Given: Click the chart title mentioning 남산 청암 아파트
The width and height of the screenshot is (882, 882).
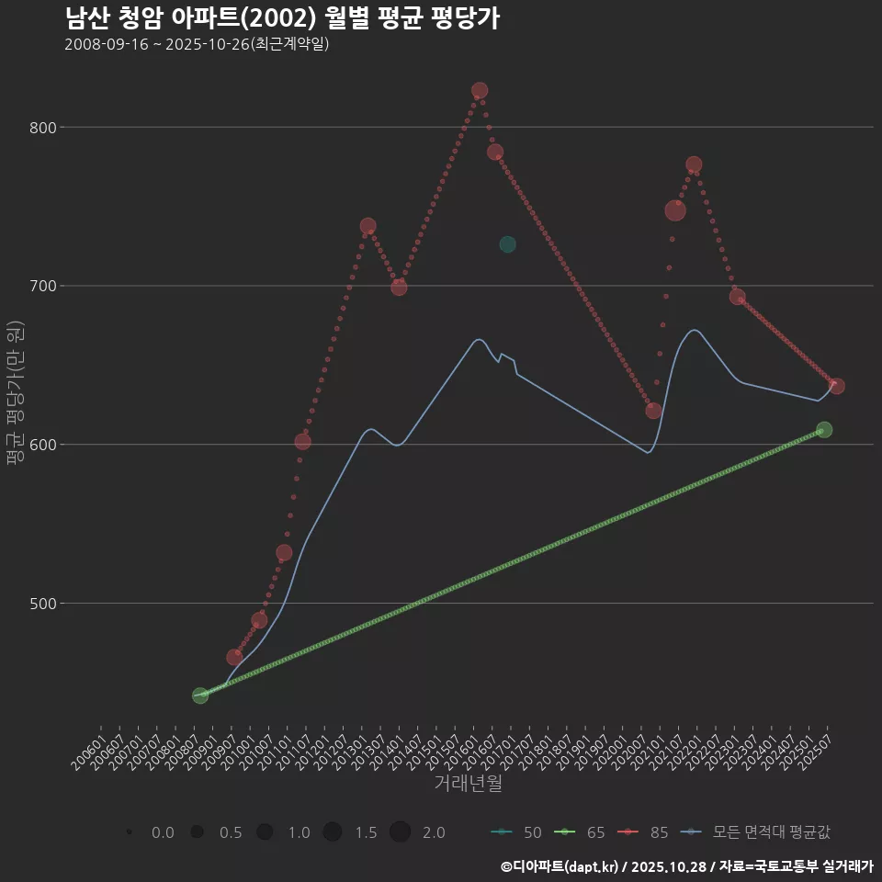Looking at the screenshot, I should click(282, 18).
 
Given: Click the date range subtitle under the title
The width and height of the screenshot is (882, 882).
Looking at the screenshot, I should click(197, 44).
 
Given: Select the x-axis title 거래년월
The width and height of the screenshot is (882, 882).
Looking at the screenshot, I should click(468, 784).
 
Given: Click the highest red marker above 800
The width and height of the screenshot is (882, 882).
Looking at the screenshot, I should click(480, 91).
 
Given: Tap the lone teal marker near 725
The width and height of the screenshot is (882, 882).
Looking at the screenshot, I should click(507, 244).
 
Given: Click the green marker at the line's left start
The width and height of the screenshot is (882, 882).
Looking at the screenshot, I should click(200, 695).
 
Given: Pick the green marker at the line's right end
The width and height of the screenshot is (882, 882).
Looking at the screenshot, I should click(824, 430).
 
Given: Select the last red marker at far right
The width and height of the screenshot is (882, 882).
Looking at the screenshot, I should click(837, 386).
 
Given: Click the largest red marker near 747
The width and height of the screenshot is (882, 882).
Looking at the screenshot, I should click(675, 210).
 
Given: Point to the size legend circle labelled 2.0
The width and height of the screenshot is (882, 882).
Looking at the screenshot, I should click(400, 832).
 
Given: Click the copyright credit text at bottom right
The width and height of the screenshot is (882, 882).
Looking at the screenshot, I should click(686, 866).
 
